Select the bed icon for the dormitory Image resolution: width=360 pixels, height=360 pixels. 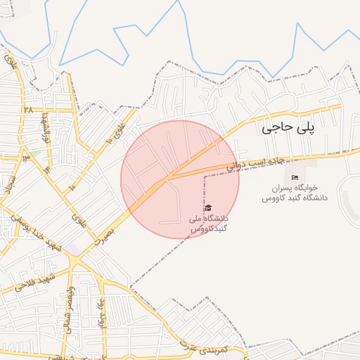295,177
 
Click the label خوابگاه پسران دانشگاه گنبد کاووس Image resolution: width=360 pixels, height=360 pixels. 295,193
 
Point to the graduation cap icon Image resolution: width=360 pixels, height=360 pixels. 207,208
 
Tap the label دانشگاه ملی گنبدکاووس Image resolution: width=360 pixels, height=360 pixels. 208,224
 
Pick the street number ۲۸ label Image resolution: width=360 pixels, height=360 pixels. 27,110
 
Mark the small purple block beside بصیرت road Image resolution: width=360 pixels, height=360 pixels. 73,249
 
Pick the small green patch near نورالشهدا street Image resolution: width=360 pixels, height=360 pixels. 34,153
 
